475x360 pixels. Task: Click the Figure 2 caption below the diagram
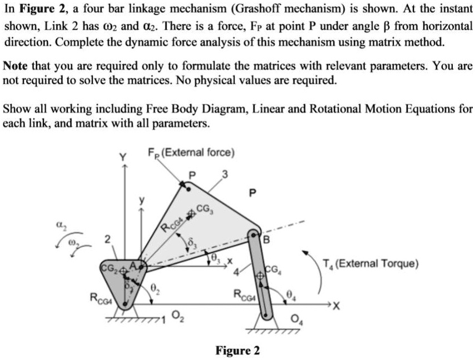tap(237, 351)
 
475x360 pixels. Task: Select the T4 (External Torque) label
tap(371, 263)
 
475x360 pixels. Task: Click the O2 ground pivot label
tap(174, 317)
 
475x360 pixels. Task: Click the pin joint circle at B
tap(253, 231)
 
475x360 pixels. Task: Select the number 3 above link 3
tap(224, 176)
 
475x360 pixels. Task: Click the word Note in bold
tap(15, 66)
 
